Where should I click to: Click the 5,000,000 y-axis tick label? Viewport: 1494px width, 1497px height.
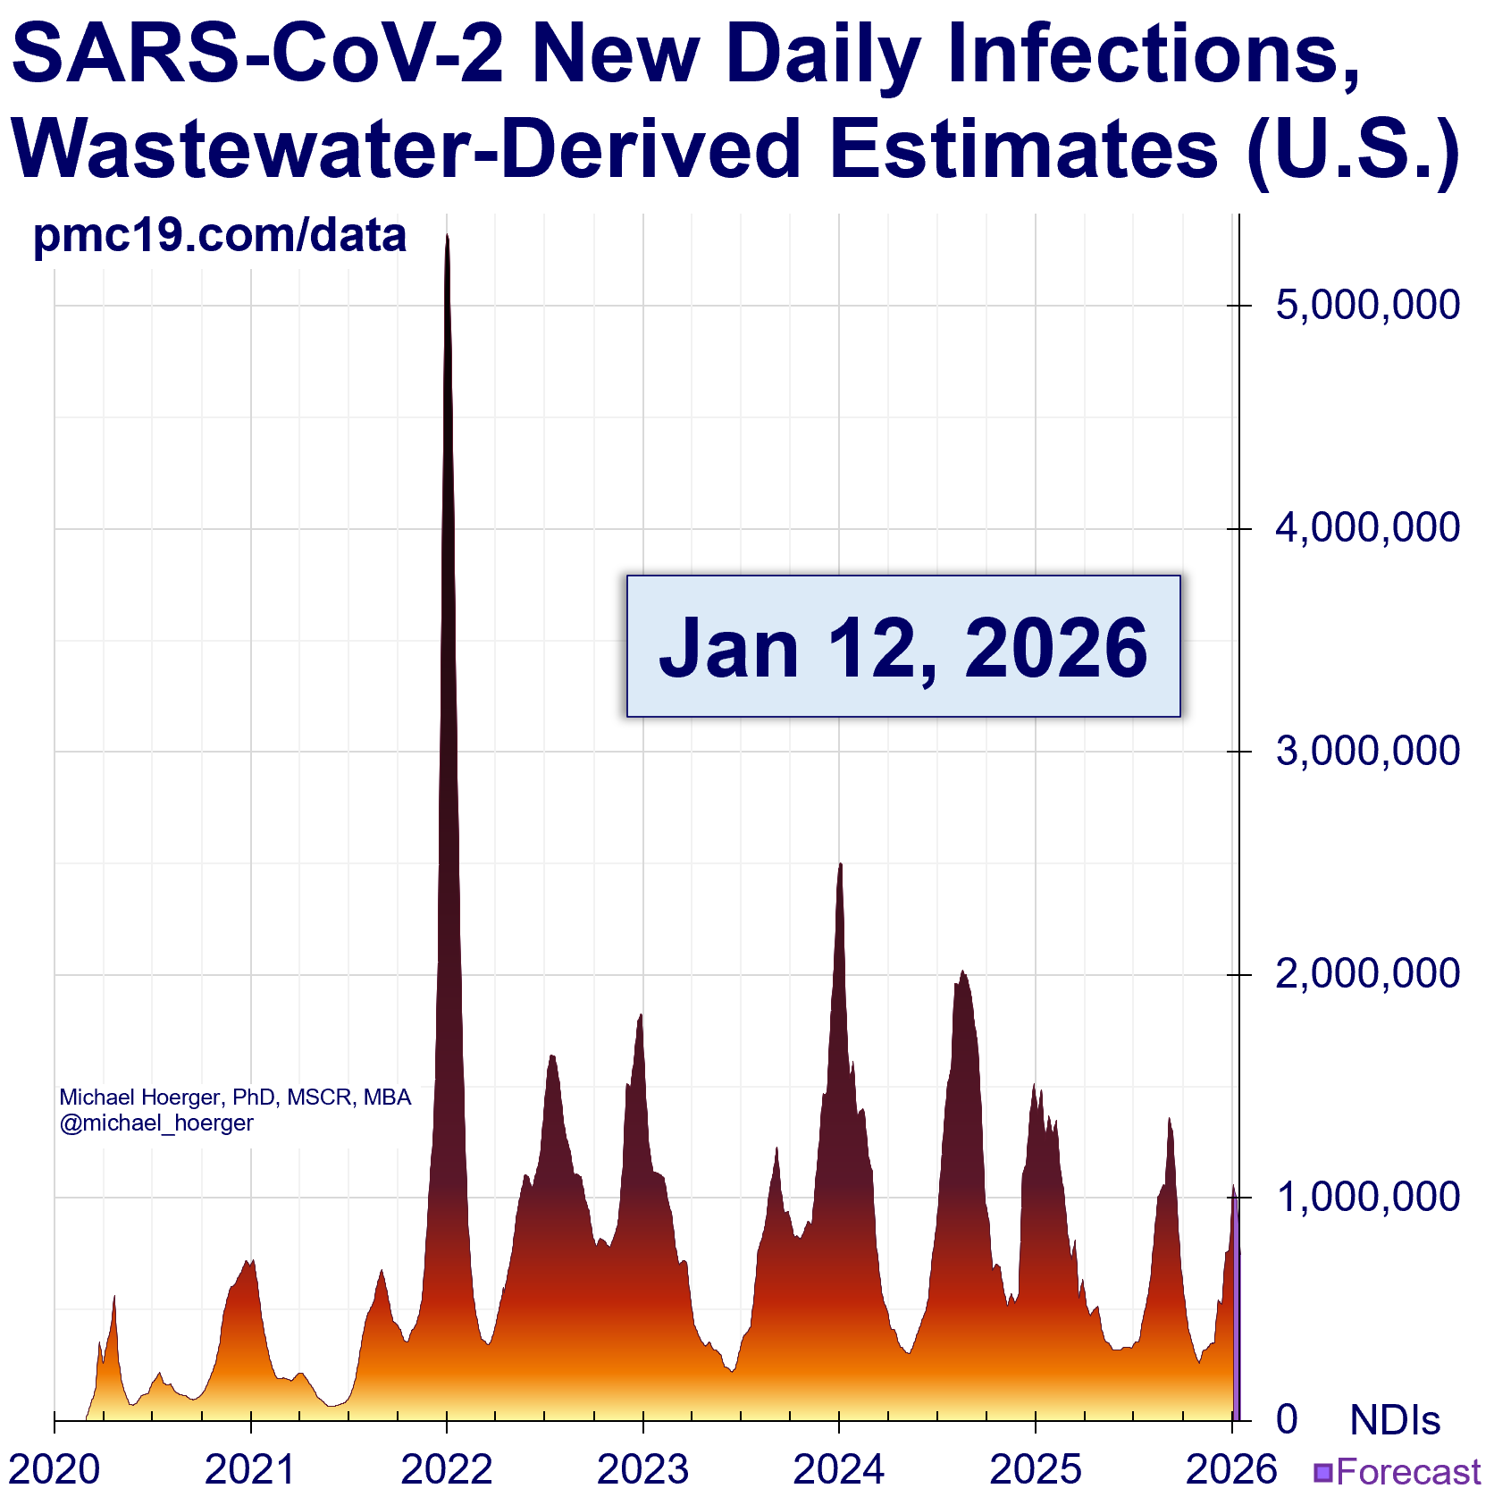[x=1367, y=306]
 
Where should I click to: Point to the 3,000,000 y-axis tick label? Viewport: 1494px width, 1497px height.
[x=1367, y=751]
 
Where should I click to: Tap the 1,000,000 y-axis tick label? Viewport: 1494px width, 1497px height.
[x=1367, y=1197]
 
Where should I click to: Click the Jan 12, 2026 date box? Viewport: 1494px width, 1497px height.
[x=903, y=646]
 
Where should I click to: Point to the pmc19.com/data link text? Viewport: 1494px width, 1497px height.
[x=220, y=235]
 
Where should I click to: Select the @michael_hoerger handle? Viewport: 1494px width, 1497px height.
[x=156, y=1123]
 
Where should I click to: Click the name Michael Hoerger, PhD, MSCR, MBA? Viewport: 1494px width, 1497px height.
[x=235, y=1098]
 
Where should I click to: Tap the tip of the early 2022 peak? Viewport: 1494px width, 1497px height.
[x=447, y=236]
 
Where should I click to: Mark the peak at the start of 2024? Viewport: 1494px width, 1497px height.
[x=840, y=865]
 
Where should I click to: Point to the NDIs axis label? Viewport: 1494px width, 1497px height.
[x=1395, y=1420]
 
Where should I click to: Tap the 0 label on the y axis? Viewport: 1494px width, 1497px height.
[x=1287, y=1419]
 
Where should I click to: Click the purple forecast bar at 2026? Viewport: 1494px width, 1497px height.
[x=1237, y=1323]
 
